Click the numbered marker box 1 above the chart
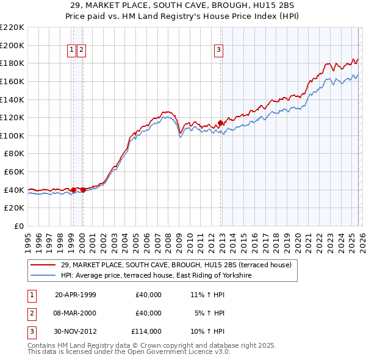[72, 51]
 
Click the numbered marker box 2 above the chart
[81, 51]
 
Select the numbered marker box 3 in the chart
[218, 51]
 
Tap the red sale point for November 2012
[220, 123]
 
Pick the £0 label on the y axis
[19, 226]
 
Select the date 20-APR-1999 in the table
[75, 295]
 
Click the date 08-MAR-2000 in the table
[75, 313]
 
